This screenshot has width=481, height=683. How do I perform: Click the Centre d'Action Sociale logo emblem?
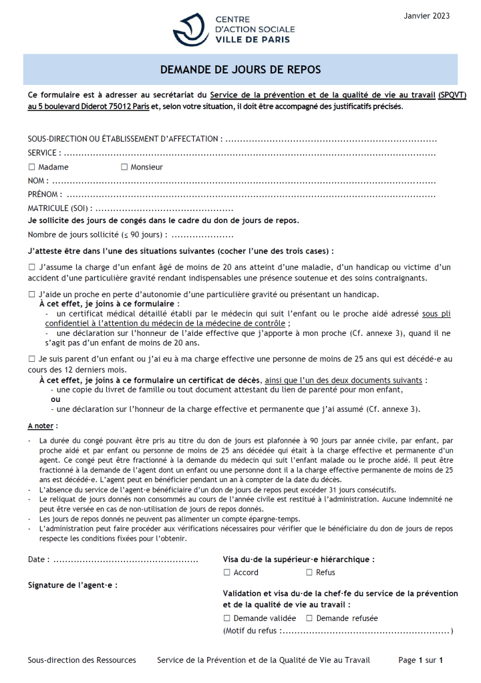coord(191,29)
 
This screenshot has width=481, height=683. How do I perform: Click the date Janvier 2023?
coord(427,16)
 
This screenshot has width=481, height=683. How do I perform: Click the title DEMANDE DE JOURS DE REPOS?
coord(240,69)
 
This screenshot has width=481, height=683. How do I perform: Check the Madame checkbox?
coord(31,167)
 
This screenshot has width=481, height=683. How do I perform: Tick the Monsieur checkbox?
coord(124,167)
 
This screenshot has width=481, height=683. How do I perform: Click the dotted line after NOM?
coord(244,181)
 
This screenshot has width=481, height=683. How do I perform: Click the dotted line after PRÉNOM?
coord(252,195)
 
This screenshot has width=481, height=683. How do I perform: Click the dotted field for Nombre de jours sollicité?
coord(202,235)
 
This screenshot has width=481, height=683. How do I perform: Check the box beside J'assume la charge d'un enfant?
coord(31,267)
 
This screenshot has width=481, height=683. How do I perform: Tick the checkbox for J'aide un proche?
coord(31,294)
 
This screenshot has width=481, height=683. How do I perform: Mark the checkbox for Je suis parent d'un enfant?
coord(31,359)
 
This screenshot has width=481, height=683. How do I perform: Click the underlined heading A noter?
coord(43,425)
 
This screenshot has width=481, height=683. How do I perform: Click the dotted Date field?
coord(125,559)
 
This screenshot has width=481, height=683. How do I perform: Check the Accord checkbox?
coord(227,572)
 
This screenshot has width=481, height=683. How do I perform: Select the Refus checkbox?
coord(309,572)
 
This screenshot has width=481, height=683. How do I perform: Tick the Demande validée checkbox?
coord(227,618)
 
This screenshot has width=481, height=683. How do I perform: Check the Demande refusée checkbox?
coord(309,618)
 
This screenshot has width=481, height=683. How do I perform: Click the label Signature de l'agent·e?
coord(73,585)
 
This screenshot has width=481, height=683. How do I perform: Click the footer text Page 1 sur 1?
coord(421,660)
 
